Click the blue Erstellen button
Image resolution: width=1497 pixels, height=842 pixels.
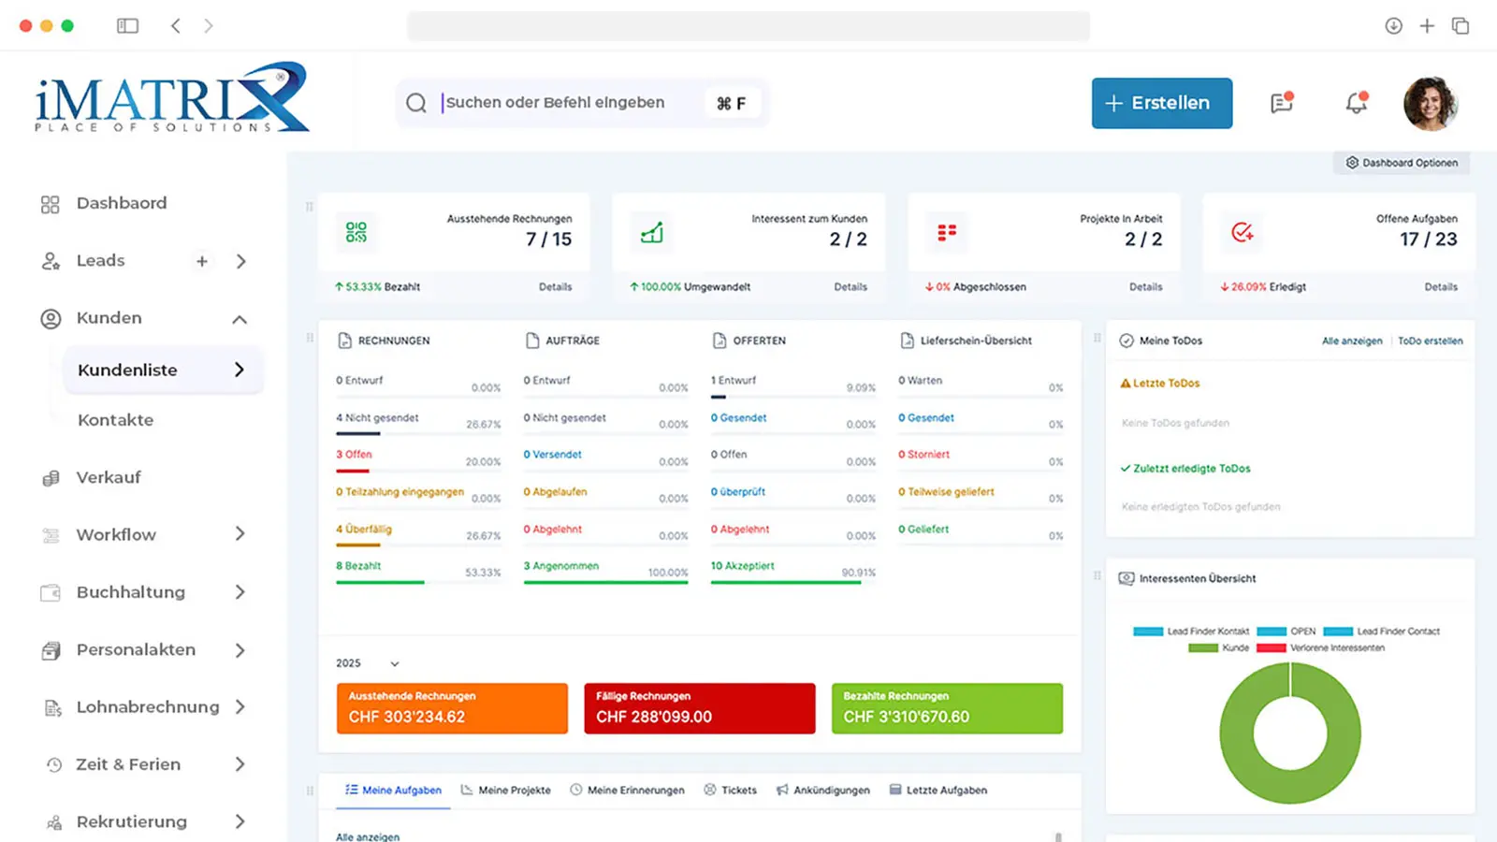tap(1161, 103)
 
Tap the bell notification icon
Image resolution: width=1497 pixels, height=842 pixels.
tap(1356, 103)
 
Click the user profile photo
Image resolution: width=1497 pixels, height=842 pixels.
tap(1430, 103)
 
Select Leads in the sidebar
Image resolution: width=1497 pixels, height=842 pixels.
tap(100, 261)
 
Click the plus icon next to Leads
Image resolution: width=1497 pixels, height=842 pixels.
tap(202, 262)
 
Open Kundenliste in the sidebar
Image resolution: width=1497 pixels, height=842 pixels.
tap(128, 370)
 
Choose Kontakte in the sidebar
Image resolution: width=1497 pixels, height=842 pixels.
tap(116, 420)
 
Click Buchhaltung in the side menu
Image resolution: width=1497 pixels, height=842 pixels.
tap(131, 592)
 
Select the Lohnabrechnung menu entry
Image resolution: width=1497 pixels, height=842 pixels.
tap(148, 707)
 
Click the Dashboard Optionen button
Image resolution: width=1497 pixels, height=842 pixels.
tap(1402, 163)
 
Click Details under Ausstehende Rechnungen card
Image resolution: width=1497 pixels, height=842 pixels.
tap(555, 287)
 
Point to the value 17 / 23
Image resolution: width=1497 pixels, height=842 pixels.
tap(1428, 240)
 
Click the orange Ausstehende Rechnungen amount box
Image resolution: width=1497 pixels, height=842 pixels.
tap(452, 708)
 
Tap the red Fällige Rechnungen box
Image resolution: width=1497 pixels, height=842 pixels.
tap(699, 708)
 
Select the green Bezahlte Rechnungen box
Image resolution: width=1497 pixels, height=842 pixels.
tap(947, 708)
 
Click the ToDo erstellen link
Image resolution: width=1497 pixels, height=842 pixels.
tap(1430, 341)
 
